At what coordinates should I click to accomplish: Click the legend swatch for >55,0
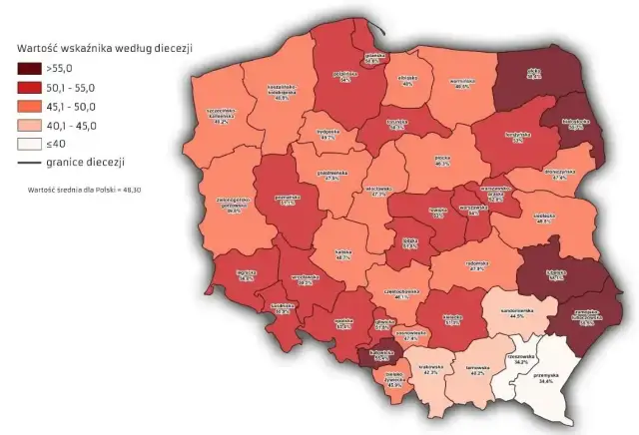pyautogui.click(x=30, y=69)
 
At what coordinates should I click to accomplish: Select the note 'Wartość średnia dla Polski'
pyautogui.click(x=79, y=188)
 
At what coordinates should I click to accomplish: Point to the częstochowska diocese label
pyautogui.click(x=402, y=294)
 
